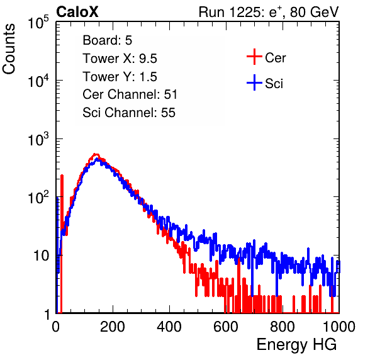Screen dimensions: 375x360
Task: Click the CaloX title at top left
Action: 77,12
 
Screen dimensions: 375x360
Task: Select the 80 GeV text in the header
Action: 314,12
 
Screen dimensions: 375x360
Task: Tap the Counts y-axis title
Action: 9,49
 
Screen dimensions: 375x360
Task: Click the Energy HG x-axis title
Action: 296,345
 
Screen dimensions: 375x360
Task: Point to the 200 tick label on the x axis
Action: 113,327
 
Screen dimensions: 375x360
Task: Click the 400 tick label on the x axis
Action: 169,327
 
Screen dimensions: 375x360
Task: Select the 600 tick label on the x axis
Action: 226,327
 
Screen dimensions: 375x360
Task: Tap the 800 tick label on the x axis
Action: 283,327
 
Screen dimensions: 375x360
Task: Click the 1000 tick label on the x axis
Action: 339,327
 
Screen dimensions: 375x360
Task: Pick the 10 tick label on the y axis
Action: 42,256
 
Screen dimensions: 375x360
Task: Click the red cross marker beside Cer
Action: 254,57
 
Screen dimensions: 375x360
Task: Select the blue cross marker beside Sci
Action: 254,83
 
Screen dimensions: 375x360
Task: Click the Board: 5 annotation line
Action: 108,40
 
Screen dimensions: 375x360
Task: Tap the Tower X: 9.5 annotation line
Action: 120,59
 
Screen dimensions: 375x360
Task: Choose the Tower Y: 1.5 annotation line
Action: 120,77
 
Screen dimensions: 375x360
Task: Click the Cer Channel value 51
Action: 171,94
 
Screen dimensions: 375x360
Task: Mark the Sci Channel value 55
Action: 168,113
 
